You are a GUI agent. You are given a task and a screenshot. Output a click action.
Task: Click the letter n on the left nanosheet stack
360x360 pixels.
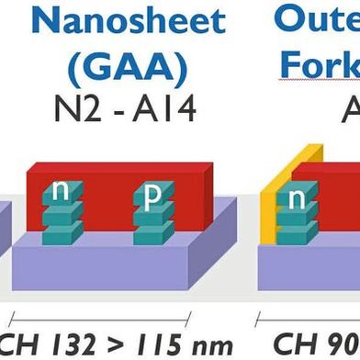pyautogui.click(x=62, y=190)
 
